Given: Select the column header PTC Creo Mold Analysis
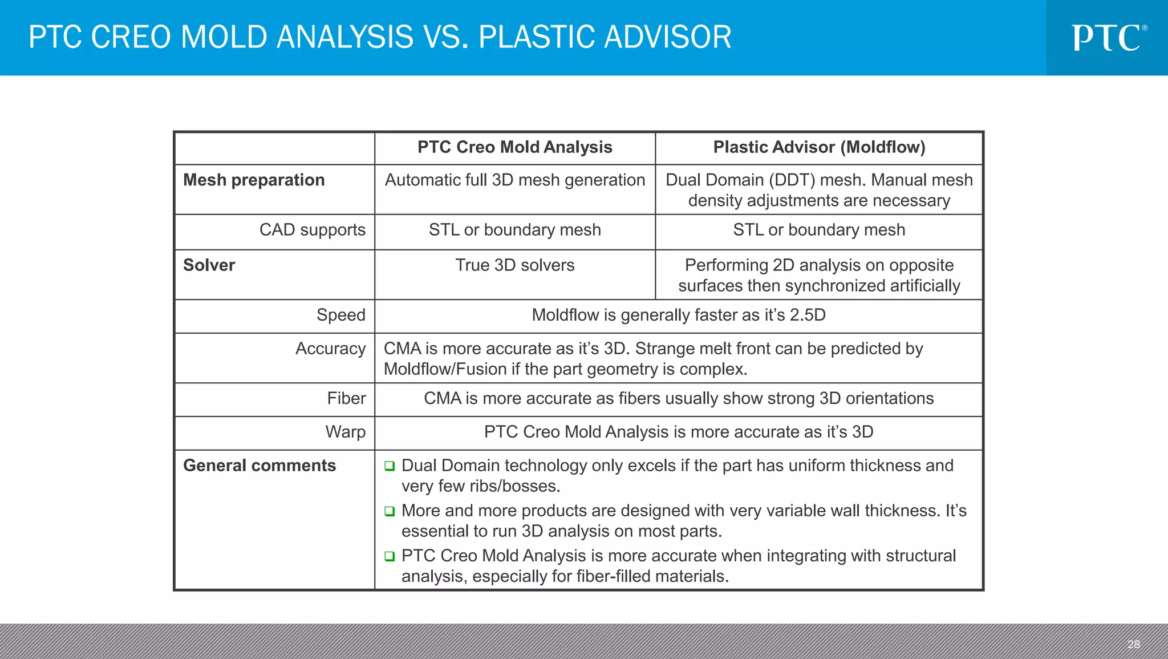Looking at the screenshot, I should pyautogui.click(x=514, y=147).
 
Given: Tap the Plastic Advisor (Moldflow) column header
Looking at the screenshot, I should pyautogui.click(x=819, y=147).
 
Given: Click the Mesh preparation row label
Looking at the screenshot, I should pyautogui.click(x=254, y=180).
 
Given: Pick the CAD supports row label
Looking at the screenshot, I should pyautogui.click(x=312, y=230).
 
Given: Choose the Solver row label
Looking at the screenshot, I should pyautogui.click(x=209, y=265).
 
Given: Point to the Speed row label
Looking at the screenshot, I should pyautogui.click(x=340, y=315).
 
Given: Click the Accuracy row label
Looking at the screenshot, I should pyautogui.click(x=330, y=349).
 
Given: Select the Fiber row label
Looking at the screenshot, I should pyautogui.click(x=346, y=398).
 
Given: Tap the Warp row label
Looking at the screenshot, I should pyautogui.click(x=345, y=432).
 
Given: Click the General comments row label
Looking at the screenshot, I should pyautogui.click(x=259, y=466).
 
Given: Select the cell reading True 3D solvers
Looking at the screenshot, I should pyautogui.click(x=514, y=265).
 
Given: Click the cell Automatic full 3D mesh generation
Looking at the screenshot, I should pyautogui.click(x=514, y=180).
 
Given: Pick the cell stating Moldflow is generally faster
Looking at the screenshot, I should pyautogui.click(x=678, y=315).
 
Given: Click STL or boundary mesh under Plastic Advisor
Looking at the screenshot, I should pyautogui.click(x=819, y=230).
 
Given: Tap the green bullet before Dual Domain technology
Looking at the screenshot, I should pyautogui.click(x=390, y=466).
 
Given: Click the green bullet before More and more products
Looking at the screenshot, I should pyautogui.click(x=390, y=511).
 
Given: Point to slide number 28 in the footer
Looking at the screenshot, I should pyautogui.click(x=1133, y=644).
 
